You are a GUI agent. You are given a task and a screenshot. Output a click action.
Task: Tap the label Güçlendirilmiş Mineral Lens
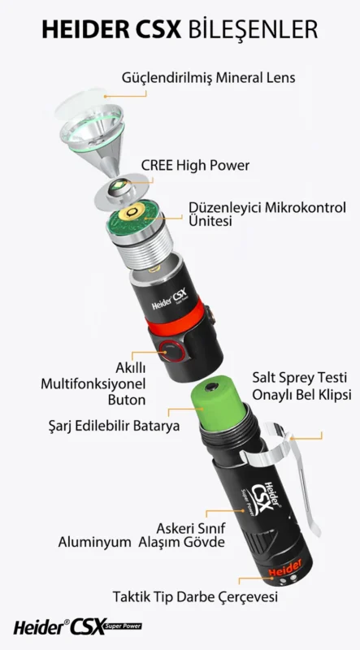pos(209,78)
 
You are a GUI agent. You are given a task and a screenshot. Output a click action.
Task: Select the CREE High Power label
pos(195,166)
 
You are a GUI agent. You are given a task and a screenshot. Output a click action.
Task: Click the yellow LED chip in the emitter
pos(119,184)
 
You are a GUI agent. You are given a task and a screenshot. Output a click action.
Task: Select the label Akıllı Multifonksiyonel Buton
pos(93,383)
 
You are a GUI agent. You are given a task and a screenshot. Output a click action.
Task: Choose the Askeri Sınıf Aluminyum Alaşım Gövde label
pos(142,535)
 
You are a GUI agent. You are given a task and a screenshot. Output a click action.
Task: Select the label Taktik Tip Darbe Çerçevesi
pos(195,597)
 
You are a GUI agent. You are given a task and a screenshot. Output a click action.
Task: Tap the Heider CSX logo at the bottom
pos(77,626)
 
